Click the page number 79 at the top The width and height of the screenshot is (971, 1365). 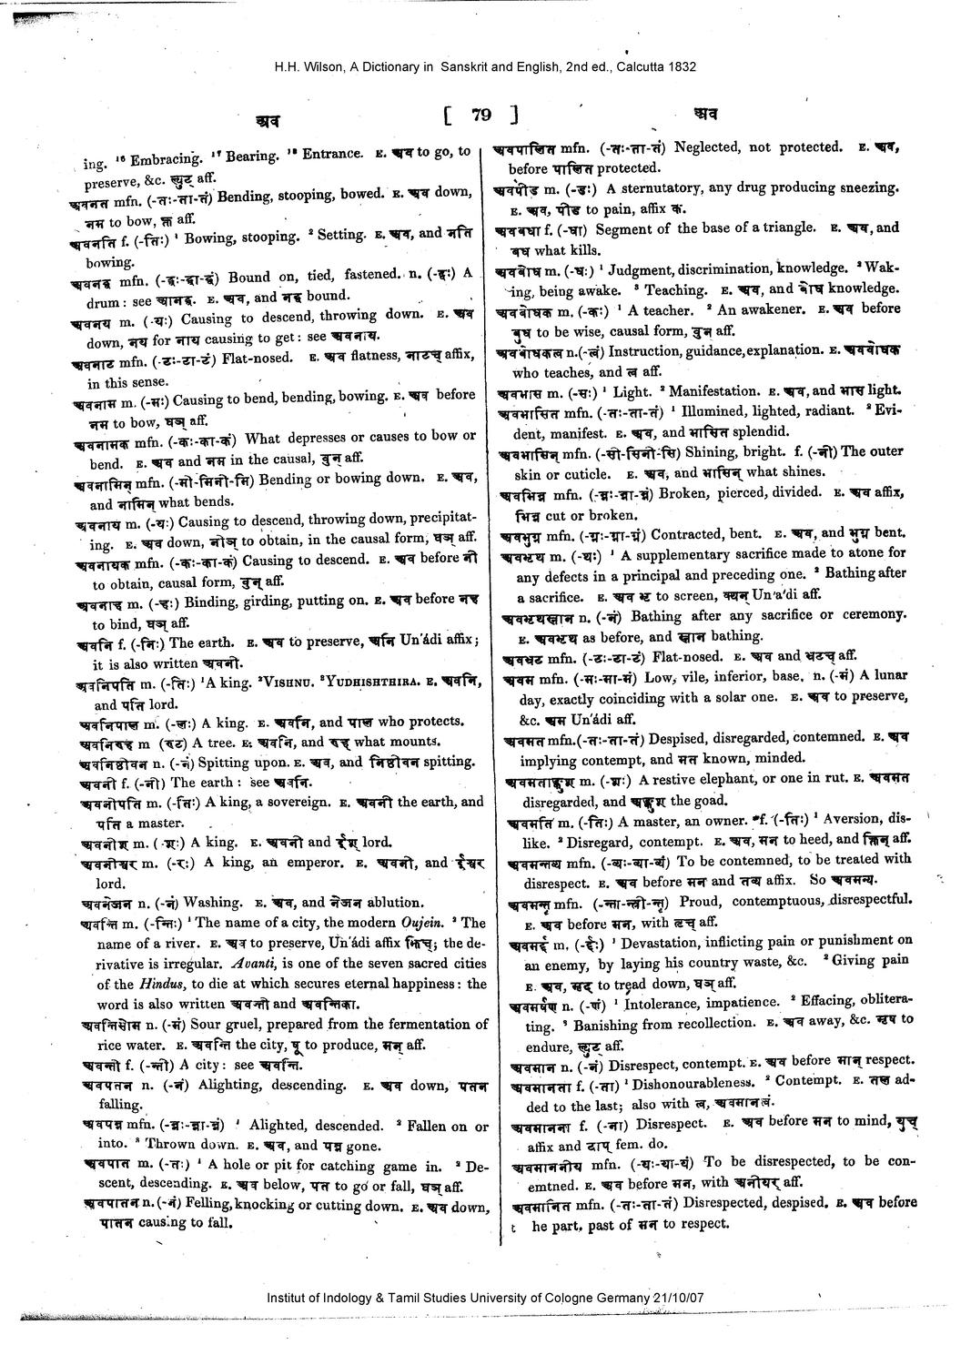[481, 115]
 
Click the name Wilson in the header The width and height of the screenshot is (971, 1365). [316, 66]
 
